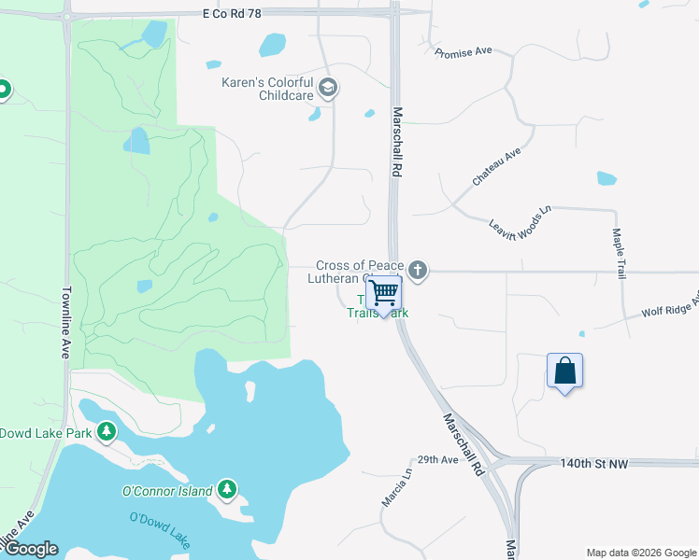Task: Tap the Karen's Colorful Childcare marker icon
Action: tap(328, 89)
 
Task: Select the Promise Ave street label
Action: tap(464, 52)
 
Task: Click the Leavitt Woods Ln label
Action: tap(521, 216)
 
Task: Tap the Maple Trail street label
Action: tap(619, 255)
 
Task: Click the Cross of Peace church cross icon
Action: tap(418, 272)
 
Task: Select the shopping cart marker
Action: tap(383, 293)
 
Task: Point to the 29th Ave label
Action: tap(437, 460)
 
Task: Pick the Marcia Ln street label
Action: tap(395, 487)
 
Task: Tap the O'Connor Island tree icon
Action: tap(226, 489)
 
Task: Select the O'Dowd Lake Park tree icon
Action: tap(107, 431)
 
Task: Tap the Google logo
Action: tap(31, 549)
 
